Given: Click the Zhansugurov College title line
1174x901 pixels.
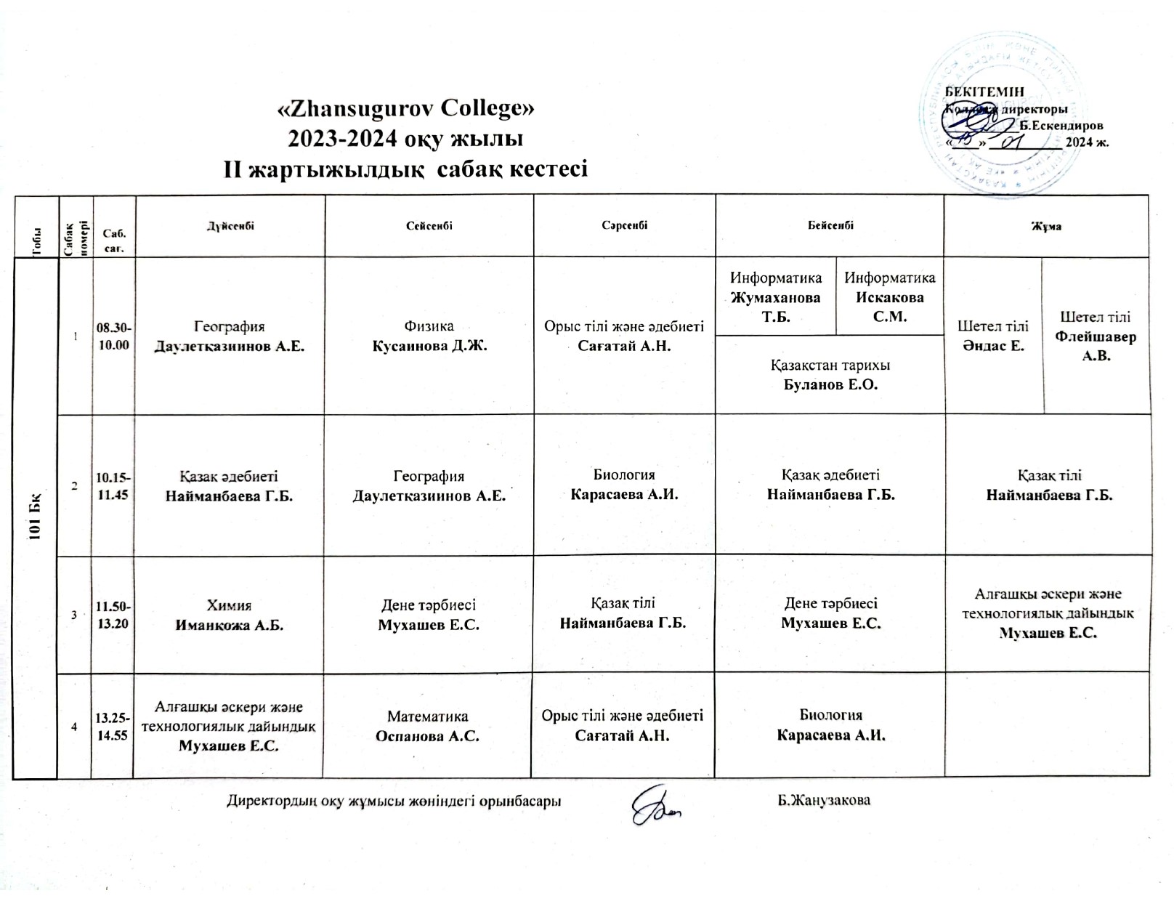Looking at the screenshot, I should tap(407, 108).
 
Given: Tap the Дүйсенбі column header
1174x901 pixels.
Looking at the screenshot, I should tap(230, 226).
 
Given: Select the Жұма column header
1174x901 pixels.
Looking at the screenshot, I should tap(1047, 226).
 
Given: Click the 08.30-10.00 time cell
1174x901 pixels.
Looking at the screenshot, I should tap(113, 336).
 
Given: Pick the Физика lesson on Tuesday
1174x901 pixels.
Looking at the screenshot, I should tap(429, 336).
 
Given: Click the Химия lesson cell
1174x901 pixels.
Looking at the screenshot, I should tap(230, 615).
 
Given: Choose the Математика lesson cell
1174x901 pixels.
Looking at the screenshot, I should tap(427, 726).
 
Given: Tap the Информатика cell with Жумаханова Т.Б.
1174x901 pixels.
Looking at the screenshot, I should tap(776, 296).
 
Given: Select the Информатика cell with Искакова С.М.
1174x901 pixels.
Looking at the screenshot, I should tap(890, 296).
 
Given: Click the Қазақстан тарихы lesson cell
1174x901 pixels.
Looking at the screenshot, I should tap(830, 375).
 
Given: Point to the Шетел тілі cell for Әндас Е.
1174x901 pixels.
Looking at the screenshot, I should tap(993, 336).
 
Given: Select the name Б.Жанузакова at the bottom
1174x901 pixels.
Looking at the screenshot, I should tap(824, 801).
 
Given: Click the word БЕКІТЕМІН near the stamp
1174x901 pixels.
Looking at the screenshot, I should tap(984, 92).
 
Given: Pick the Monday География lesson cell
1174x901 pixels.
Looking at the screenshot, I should tap(230, 336).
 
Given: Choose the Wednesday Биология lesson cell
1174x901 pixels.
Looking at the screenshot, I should tap(624, 485).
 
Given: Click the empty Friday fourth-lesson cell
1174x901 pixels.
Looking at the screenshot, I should tap(1047, 724).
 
